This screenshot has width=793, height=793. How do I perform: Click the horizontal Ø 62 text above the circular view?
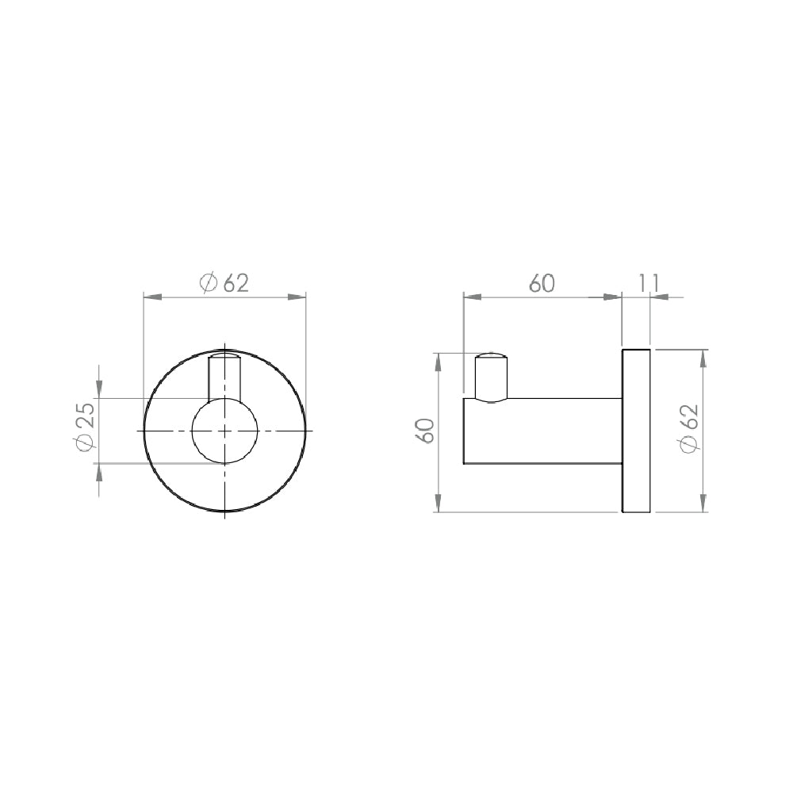click(225, 283)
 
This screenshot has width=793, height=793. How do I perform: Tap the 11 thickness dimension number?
click(648, 282)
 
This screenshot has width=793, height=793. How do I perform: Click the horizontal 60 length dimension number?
click(542, 283)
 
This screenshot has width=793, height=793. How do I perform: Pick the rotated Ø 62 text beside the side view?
click(689, 429)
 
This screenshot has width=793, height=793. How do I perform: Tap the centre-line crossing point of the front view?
click(225, 431)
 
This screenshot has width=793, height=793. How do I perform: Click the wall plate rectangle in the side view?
click(636, 430)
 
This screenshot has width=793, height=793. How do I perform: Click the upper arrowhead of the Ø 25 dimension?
click(98, 389)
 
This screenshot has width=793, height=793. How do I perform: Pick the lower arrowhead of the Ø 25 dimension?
click(98, 473)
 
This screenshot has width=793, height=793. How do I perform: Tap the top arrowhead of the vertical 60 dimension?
click(439, 362)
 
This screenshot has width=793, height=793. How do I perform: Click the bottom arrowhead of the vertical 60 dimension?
click(439, 503)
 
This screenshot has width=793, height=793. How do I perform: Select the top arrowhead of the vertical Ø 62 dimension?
click(702, 358)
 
